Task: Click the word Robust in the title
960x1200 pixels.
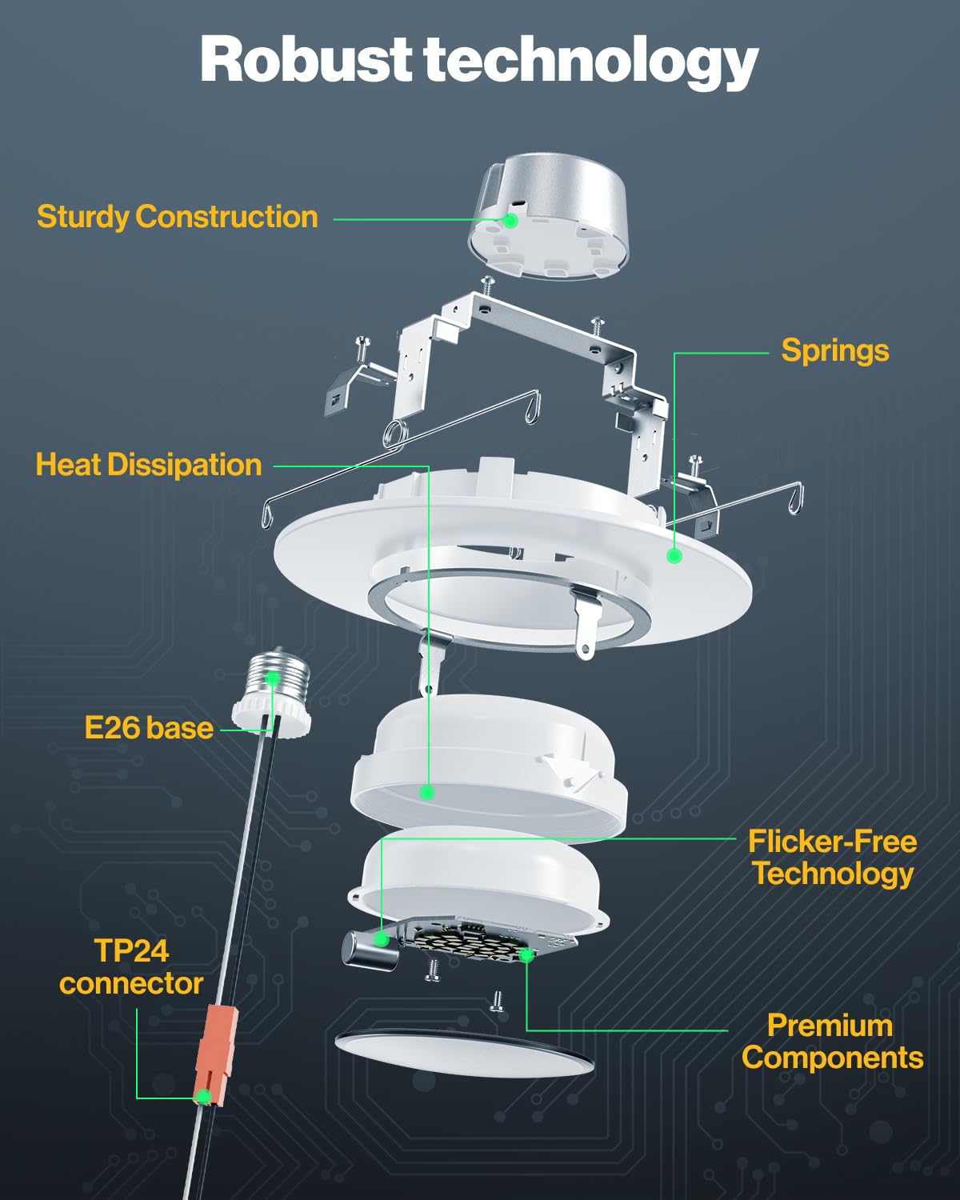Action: [x=306, y=60]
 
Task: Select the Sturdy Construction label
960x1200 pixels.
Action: [x=178, y=217]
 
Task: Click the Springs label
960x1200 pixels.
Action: [x=834, y=350]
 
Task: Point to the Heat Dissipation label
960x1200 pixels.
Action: [x=149, y=465]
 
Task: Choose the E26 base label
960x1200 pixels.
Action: [x=149, y=728]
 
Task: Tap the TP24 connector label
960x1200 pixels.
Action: [x=131, y=967]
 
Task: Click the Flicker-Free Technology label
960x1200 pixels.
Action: [x=832, y=858]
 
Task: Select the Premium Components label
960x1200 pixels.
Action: [x=832, y=1042]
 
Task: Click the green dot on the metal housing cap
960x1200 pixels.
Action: [x=510, y=220]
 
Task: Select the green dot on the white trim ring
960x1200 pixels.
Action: [x=674, y=555]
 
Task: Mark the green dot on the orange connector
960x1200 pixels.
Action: [x=205, y=1096]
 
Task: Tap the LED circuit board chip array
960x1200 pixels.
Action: [x=472, y=944]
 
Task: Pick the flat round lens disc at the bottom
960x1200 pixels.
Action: [x=464, y=1052]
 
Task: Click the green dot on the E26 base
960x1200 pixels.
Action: [x=272, y=678]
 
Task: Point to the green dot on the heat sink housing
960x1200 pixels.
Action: [x=427, y=792]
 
